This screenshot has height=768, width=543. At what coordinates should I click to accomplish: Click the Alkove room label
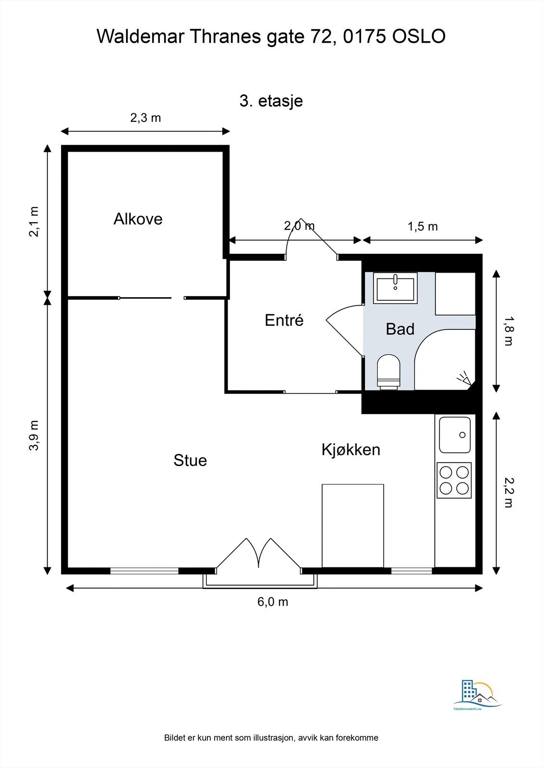(138, 219)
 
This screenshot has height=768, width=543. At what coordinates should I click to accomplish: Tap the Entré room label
(284, 320)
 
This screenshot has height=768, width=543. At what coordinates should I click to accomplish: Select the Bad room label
(400, 329)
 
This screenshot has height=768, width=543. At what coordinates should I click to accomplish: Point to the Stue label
(190, 460)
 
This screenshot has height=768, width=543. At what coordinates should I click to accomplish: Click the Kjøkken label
(351, 449)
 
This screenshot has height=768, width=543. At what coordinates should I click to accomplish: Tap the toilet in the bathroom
(388, 372)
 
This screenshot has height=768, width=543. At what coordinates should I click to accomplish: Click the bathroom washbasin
(395, 288)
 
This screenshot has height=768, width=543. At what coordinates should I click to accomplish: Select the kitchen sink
(455, 435)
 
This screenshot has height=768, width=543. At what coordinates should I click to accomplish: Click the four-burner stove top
(454, 480)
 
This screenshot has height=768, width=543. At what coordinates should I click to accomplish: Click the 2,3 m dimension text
(145, 118)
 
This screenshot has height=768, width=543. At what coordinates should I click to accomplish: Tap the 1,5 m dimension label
(422, 227)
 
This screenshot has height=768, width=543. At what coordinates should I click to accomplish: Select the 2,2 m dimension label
(508, 492)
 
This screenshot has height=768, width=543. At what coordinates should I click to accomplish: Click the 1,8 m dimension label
(508, 331)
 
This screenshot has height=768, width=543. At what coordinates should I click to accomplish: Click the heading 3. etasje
(271, 101)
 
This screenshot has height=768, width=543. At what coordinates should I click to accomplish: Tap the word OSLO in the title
(419, 36)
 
